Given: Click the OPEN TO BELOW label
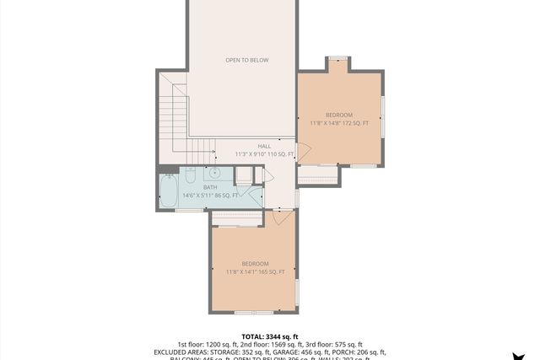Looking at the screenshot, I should (246, 60).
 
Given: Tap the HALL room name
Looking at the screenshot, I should (264, 146).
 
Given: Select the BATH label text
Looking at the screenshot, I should (209, 186).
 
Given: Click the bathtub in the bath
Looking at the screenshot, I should (167, 191).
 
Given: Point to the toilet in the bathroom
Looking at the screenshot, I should (191, 175).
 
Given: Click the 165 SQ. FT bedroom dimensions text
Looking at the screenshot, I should (255, 272).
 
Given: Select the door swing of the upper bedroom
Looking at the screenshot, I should (304, 153).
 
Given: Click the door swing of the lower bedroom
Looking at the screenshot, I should (282, 218).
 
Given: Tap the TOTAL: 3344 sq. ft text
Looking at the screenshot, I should (269, 336).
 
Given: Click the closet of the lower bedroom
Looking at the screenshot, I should (237, 218).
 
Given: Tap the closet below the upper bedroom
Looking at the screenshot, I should (317, 175).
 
